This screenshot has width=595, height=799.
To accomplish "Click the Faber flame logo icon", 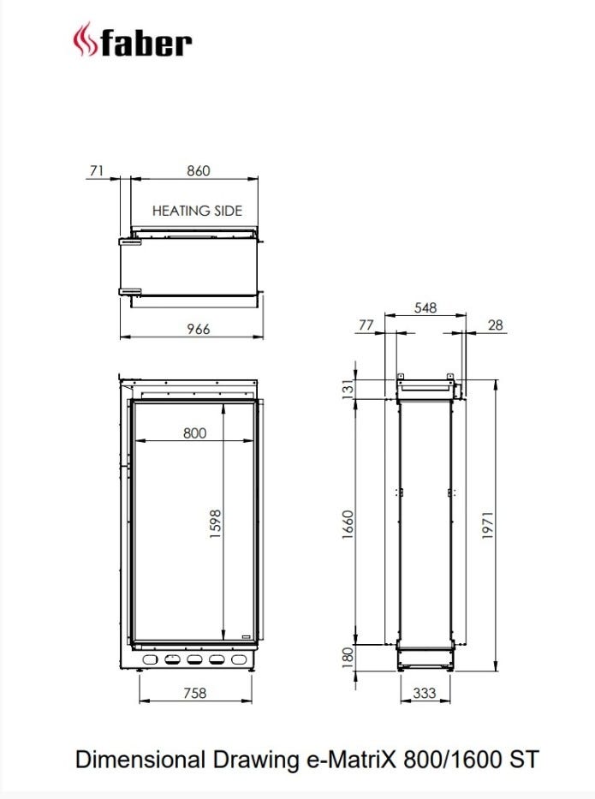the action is [85, 39].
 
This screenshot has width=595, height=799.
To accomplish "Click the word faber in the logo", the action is [146, 43].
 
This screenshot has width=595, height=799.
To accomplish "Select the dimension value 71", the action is [97, 170].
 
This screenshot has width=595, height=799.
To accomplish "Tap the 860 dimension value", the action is [198, 170].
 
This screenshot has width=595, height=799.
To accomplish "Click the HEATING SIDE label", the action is [197, 211].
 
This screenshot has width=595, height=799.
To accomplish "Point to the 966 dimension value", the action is [198, 329].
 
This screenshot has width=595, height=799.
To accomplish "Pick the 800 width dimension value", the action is [194, 433].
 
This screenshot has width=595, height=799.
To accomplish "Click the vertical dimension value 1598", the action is [215, 524].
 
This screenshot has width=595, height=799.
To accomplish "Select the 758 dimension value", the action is [194, 693].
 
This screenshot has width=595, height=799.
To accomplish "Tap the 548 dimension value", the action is [425, 307].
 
